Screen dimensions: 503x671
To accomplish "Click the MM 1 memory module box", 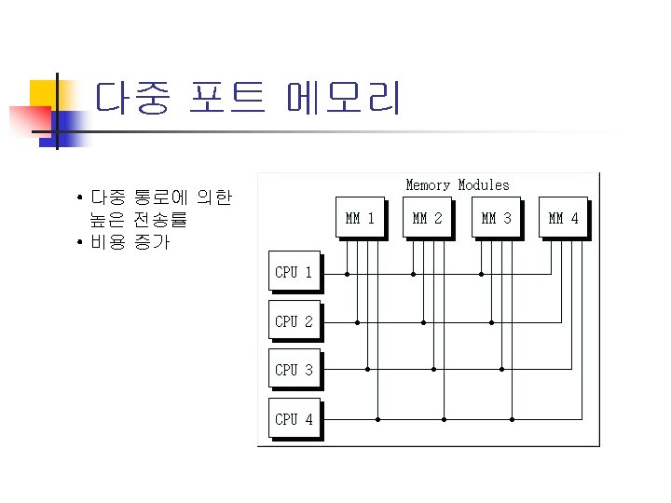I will tap(360, 219).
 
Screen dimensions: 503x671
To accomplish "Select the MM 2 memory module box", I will tap(428, 219).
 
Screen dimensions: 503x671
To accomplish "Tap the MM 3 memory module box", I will tap(496, 219).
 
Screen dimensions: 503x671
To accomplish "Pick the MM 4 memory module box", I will tap(564, 219).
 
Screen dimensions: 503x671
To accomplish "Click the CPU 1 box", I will tap(294, 272).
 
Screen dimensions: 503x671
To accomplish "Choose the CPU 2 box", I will tap(294, 321).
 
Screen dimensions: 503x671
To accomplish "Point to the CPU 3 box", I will tap(294, 370).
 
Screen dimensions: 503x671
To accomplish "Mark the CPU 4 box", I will tap(294, 419).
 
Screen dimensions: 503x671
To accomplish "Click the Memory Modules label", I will tap(458, 185).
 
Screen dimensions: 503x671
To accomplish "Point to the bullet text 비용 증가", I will tap(130, 244).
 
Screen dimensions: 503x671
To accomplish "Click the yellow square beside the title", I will tap(42, 93).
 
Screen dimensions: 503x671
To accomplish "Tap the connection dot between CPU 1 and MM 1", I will tap(347, 274).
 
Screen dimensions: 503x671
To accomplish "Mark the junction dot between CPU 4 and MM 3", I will tap(512, 419).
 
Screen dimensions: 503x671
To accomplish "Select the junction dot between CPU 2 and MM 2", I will tap(424, 322).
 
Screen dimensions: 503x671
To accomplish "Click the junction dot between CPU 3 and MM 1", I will tap(367, 370).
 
